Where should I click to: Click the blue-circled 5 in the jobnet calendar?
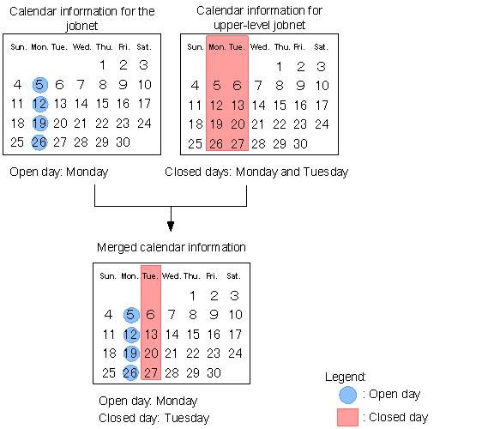tap(40, 85)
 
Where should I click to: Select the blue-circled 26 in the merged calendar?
tap(130, 372)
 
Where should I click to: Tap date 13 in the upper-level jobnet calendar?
tap(238, 106)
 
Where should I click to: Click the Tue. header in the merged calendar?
tap(150, 276)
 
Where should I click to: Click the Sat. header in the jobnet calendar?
tap(144, 47)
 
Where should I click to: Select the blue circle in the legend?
tap(348, 395)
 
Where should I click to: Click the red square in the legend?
tap(347, 417)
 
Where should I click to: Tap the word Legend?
tap(346, 377)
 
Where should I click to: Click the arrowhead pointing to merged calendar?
tap(171, 227)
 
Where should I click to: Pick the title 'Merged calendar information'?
tap(172, 247)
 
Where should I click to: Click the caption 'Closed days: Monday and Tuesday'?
tap(256, 172)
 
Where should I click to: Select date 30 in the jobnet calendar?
tap(123, 142)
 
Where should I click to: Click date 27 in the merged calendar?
tap(151, 373)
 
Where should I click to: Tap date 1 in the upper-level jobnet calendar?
tap(279, 67)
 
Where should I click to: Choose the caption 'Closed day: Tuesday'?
tap(154, 418)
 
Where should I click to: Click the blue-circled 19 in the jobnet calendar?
tap(40, 123)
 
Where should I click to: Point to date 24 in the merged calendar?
tap(235, 353)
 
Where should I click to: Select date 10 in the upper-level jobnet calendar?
tap(322, 86)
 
